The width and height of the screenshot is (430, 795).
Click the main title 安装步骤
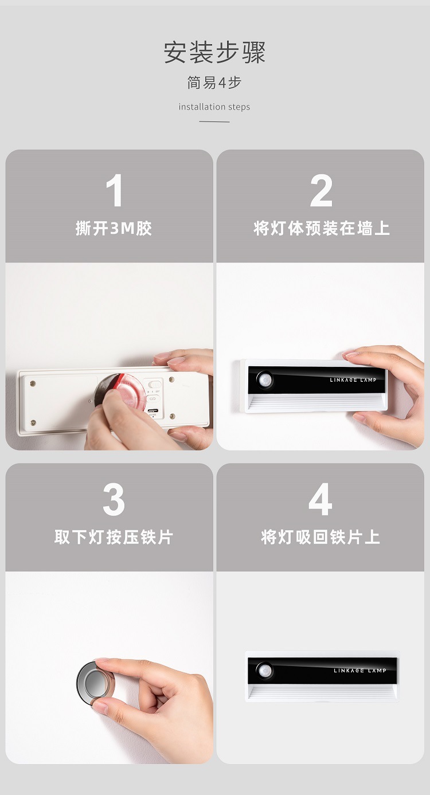[x=214, y=52]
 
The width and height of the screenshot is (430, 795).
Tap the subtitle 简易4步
[x=214, y=83]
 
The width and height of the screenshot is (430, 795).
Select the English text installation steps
[x=214, y=107]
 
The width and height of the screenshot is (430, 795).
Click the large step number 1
[x=114, y=191]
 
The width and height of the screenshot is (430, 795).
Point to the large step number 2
[x=321, y=191]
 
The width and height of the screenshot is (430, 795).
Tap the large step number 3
[x=114, y=500]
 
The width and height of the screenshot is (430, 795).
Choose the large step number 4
[x=320, y=500]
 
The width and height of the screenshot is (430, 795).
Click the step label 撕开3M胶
[x=114, y=229]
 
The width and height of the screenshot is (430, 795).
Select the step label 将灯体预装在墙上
[x=321, y=229]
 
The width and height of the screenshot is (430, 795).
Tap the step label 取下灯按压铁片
[x=114, y=537]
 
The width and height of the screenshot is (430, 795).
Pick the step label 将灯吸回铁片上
[x=320, y=537]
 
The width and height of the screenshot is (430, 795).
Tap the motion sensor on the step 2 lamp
[x=265, y=380]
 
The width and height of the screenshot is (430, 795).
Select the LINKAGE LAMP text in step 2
[x=353, y=380]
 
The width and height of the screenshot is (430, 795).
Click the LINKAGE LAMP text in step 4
[x=360, y=671]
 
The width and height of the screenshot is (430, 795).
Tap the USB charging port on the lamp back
[x=153, y=410]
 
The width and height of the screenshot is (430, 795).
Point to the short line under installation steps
[x=214, y=122]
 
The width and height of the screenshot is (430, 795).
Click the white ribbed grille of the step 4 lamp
[x=321, y=691]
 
